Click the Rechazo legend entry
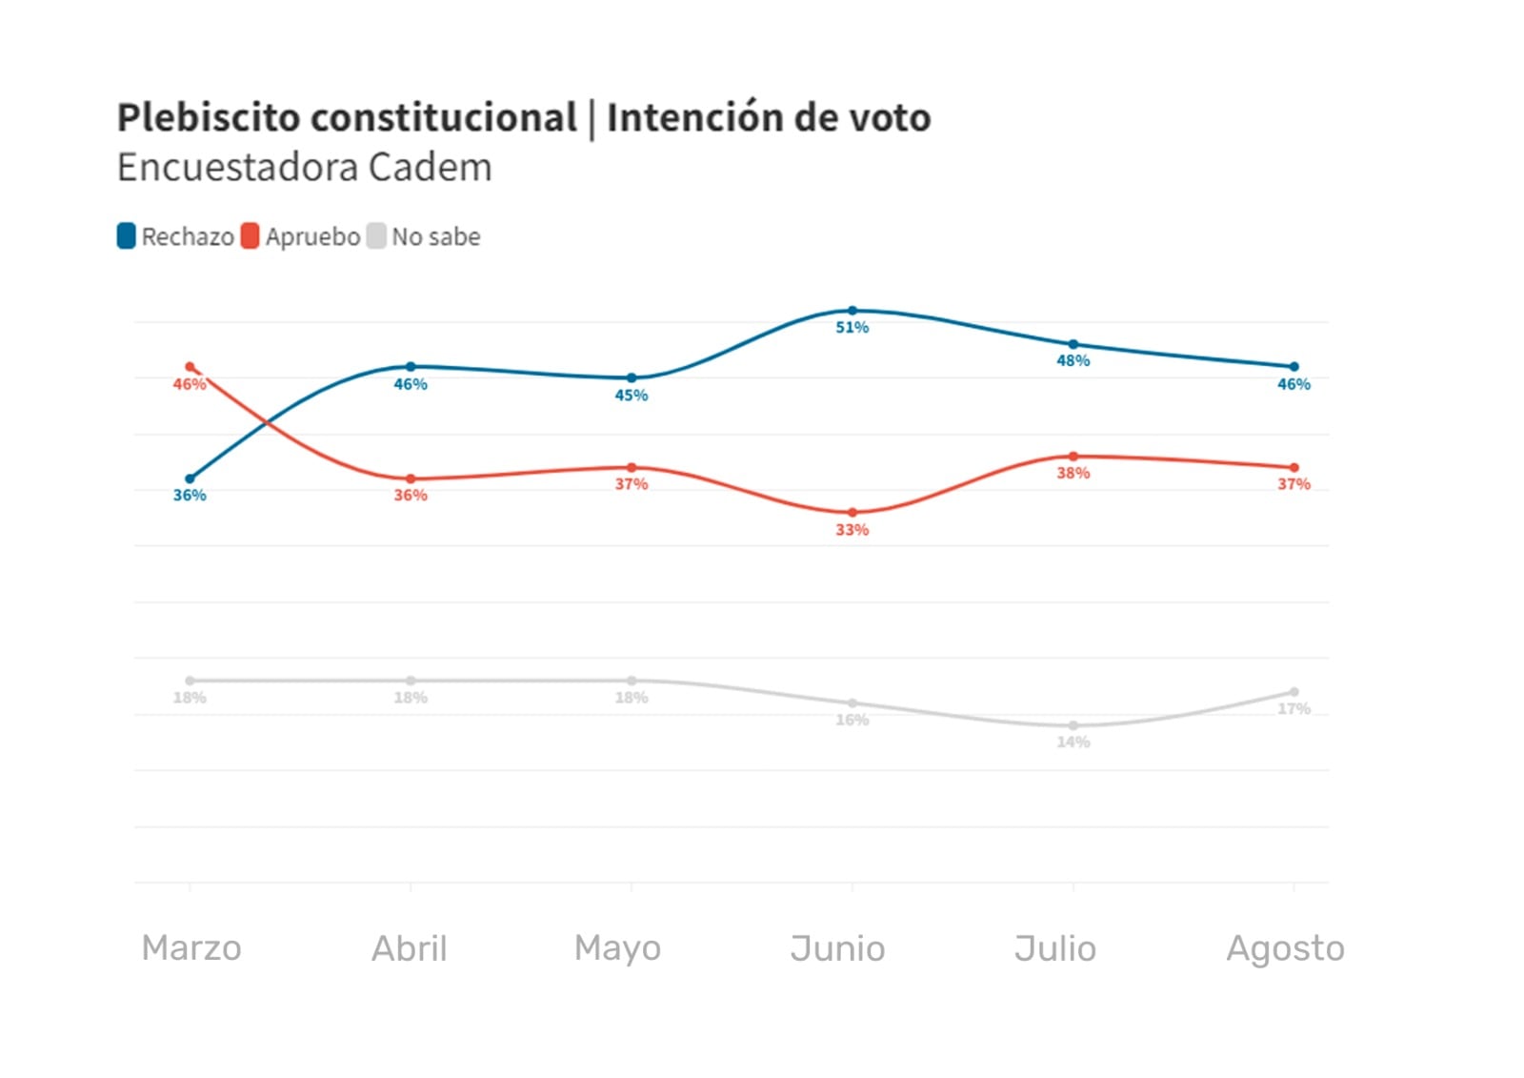pyautogui.click(x=176, y=236)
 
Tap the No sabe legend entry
pyautogui.click(x=425, y=236)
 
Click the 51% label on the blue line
pyautogui.click(x=852, y=328)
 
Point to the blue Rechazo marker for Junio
pyautogui.click(x=852, y=311)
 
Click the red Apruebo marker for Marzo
pyautogui.click(x=190, y=367)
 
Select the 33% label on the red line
pyautogui.click(x=852, y=530)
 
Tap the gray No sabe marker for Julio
pyautogui.click(x=1073, y=725)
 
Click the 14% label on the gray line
pyautogui.click(x=1073, y=742)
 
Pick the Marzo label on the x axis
pyautogui.click(x=190, y=948)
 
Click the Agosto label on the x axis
pyautogui.click(x=1285, y=948)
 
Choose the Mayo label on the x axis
pyautogui.click(x=617, y=948)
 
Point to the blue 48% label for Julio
pyautogui.click(x=1073, y=361)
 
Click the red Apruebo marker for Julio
pyautogui.click(x=1073, y=457)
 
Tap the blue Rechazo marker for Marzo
pyautogui.click(x=190, y=478)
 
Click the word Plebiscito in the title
pyautogui.click(x=207, y=118)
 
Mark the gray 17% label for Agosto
pyautogui.click(x=1293, y=709)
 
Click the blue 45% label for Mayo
pyautogui.click(x=631, y=396)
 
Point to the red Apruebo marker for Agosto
pyautogui.click(x=1293, y=468)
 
